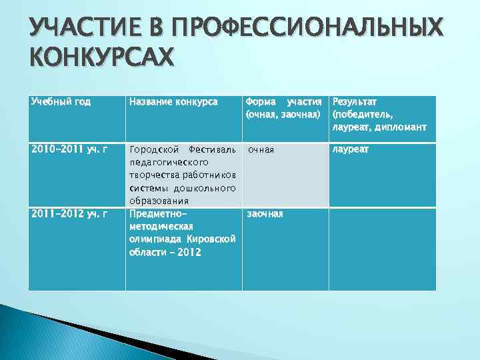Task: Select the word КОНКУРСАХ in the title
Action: tap(101, 58)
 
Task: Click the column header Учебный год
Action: tap(61, 102)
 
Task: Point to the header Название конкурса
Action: tap(173, 102)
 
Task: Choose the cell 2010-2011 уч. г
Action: tap(69, 149)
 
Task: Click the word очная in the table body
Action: tap(261, 149)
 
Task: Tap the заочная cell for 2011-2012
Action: tap(265, 214)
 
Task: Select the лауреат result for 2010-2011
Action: tap(351, 149)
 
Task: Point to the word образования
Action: tap(159, 201)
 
